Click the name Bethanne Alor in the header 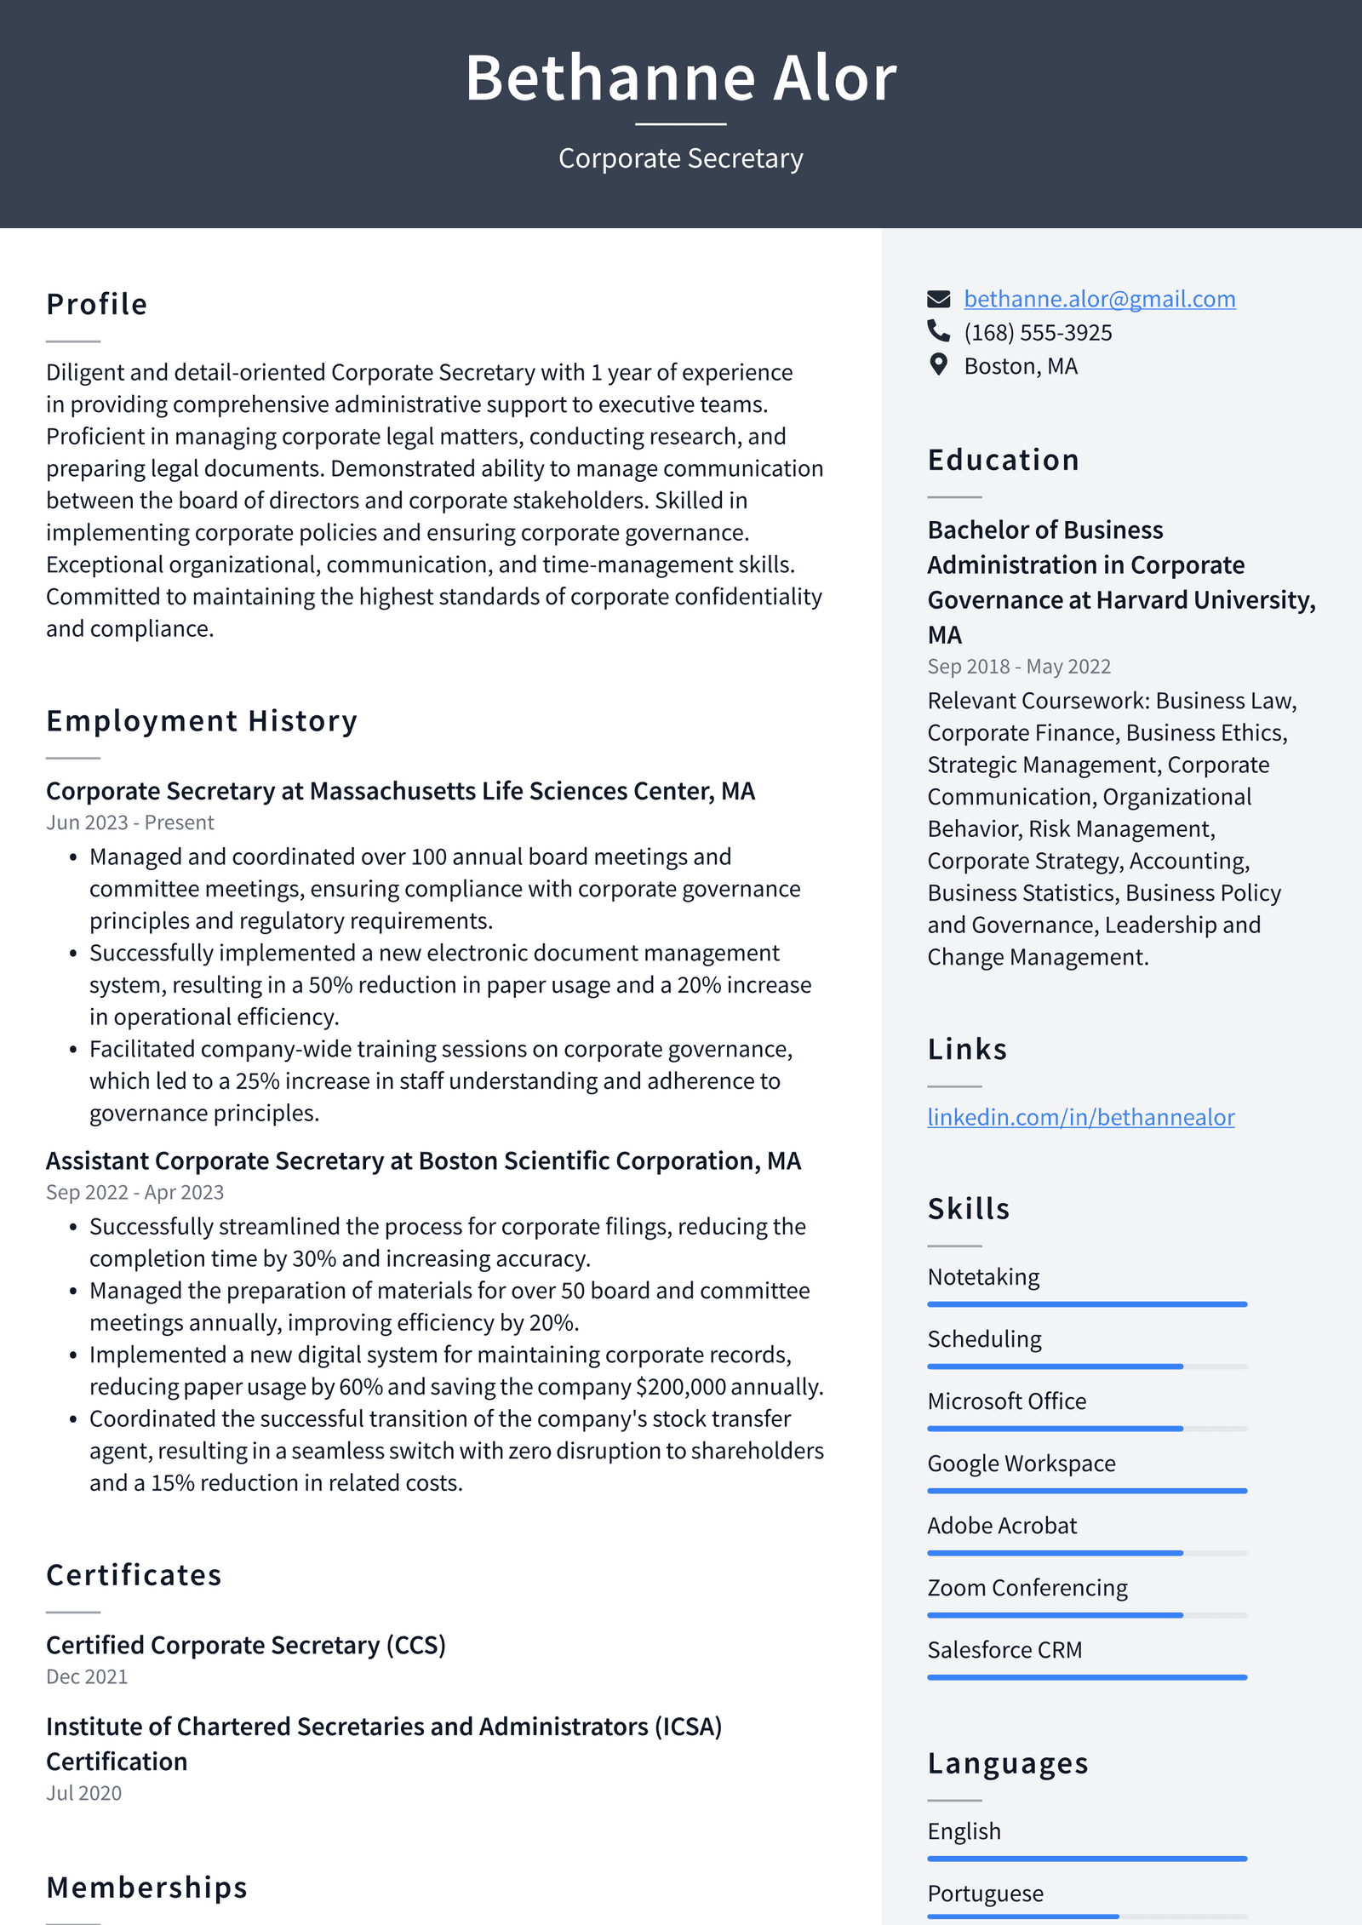click(x=680, y=78)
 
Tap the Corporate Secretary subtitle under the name click(x=680, y=158)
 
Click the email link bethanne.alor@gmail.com click(x=1099, y=299)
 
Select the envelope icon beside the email click(x=938, y=299)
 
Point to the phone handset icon click(x=938, y=331)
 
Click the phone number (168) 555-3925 click(x=1037, y=333)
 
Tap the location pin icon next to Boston click(x=938, y=365)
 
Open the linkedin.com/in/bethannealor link click(x=1080, y=1117)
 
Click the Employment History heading click(x=202, y=721)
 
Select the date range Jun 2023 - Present click(x=129, y=822)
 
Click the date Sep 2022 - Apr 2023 click(x=134, y=1192)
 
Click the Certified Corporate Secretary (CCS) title click(x=245, y=1645)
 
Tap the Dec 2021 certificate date click(x=86, y=1676)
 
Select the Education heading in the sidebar click(x=1003, y=460)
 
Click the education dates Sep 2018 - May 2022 click(x=1018, y=667)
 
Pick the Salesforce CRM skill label click(x=1004, y=1650)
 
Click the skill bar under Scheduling click(x=1086, y=1366)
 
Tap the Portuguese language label click(x=985, y=1893)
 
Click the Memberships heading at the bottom click(x=146, y=1888)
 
